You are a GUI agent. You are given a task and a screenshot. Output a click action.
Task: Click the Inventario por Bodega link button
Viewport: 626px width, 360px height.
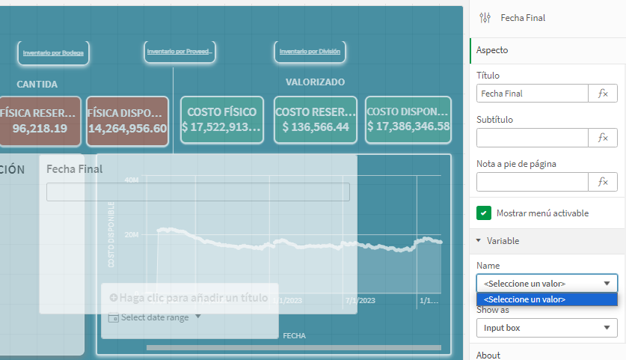[x=54, y=53]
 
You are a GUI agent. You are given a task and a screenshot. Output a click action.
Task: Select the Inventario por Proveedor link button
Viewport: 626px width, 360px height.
[x=180, y=52]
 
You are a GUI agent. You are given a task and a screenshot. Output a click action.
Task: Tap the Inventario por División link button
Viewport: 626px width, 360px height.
[x=310, y=52]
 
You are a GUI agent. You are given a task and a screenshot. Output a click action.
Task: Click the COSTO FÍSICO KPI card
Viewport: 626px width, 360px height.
[x=221, y=119]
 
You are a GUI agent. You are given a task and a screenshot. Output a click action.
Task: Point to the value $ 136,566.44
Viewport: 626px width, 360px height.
[x=315, y=127]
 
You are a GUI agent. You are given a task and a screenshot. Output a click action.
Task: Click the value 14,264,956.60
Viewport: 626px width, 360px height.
[x=127, y=128]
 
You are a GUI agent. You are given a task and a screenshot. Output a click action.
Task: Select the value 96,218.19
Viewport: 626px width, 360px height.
[x=40, y=128]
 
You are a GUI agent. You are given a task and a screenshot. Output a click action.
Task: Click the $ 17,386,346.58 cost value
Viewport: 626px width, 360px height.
[x=408, y=126]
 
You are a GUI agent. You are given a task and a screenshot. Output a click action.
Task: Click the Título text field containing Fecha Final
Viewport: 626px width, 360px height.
[x=533, y=94]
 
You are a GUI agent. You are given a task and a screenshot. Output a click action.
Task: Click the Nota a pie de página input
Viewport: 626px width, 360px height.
[x=533, y=182]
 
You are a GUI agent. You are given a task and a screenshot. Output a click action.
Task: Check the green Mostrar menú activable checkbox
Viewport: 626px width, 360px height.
[x=484, y=213]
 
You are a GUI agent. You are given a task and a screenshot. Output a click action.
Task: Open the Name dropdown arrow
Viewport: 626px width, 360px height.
[x=607, y=284]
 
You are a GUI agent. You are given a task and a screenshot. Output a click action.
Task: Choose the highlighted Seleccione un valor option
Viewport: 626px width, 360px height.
[x=547, y=299]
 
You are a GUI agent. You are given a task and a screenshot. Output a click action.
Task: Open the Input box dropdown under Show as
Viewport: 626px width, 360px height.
[x=547, y=328]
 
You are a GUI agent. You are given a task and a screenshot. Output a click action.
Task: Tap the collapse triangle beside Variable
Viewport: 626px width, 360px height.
[x=479, y=241]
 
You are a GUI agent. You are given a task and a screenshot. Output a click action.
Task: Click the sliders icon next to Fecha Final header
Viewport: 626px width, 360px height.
[x=485, y=17]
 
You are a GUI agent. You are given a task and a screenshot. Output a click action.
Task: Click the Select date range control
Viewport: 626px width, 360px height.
[x=156, y=317]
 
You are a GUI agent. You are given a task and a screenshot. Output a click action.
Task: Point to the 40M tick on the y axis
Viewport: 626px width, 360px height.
[x=131, y=180]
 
